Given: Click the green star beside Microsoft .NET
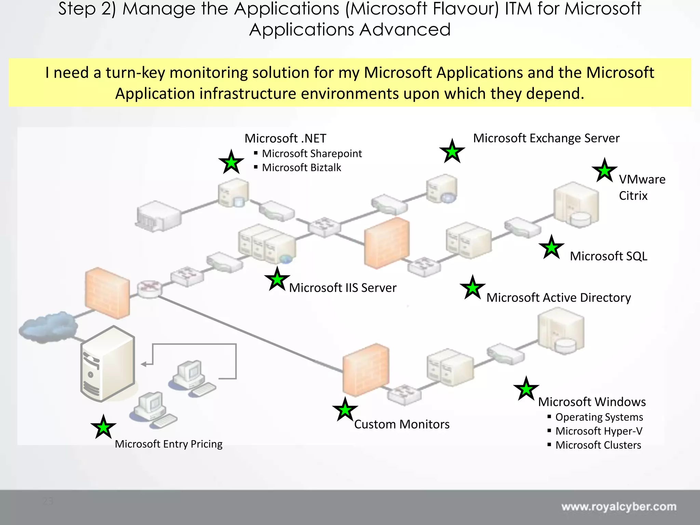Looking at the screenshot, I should point(231,162).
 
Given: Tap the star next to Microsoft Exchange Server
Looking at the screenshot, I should point(452,152).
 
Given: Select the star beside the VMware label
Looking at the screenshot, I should point(605,171).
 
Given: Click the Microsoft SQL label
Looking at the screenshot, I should point(608,256).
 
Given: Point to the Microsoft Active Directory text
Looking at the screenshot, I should point(558,298).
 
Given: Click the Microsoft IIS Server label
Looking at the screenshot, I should point(342,288).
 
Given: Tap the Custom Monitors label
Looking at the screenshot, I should point(402,424).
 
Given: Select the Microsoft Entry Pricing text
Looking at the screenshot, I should point(169,444).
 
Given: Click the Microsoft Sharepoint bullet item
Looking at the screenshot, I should point(312,153).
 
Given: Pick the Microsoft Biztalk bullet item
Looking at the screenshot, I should point(301,167).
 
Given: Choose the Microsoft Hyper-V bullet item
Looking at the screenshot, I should point(599,431).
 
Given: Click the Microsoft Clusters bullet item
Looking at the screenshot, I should point(598,445).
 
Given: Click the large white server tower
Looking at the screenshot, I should point(108,364).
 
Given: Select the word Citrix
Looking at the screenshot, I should point(633,196).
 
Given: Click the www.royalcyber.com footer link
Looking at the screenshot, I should point(619,507).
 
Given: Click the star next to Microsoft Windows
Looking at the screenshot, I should point(526,389).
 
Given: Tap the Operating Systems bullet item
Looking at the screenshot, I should point(599,417).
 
